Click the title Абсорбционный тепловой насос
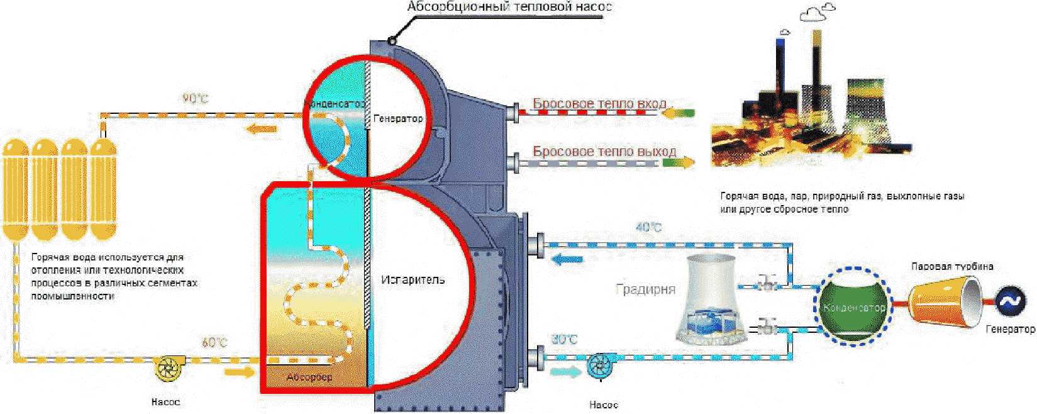point(509,7)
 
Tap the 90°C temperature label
point(195,99)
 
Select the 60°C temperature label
point(214,343)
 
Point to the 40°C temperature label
point(648,227)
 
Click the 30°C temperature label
point(564,340)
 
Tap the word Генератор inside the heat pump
point(398,118)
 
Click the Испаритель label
point(413,279)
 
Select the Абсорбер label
point(309,378)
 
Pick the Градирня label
point(645,289)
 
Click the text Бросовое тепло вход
point(599,103)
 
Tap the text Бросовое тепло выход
point(604,151)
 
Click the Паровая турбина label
point(952,266)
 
